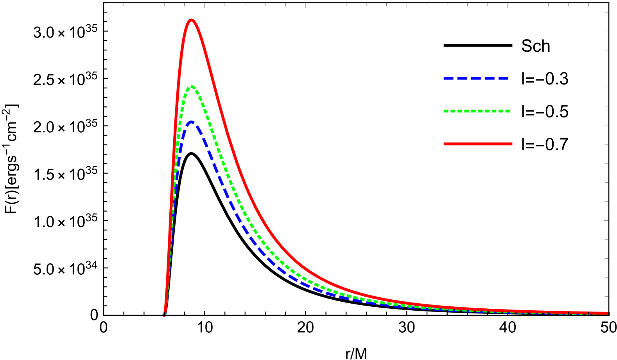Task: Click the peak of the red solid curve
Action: pyautogui.click(x=191, y=20)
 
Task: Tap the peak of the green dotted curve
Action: pyautogui.click(x=192, y=86)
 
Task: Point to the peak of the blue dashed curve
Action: pyautogui.click(x=192, y=122)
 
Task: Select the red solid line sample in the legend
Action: pyautogui.click(x=478, y=144)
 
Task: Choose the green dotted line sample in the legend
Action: pyautogui.click(x=477, y=111)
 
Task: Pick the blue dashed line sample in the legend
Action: pyautogui.click(x=476, y=78)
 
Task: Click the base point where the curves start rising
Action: pyautogui.click(x=165, y=314)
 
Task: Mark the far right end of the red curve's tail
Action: pyautogui.click(x=608, y=313)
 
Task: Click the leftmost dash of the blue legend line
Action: pyautogui.click(x=448, y=78)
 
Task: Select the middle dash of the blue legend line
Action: pyautogui.click(x=476, y=78)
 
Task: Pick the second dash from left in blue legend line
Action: pyautogui.click(x=462, y=78)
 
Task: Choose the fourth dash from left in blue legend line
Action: pyautogui.click(x=490, y=78)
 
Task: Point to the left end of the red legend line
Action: pyautogui.click(x=445, y=144)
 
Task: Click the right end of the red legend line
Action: pyautogui.click(x=511, y=144)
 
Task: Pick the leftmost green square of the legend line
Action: pyautogui.click(x=446, y=111)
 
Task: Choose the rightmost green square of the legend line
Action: pyautogui.click(x=508, y=111)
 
